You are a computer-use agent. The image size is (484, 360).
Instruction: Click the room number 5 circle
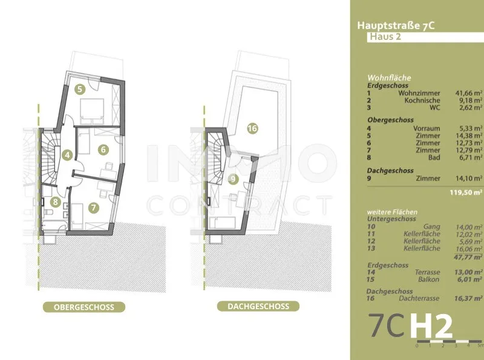[80, 90]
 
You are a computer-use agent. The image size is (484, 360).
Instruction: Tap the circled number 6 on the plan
[103, 149]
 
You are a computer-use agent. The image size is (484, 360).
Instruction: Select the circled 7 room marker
[94, 208]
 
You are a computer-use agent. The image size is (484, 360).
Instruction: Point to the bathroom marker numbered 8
[55, 202]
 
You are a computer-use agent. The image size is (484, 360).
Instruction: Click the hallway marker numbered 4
[67, 155]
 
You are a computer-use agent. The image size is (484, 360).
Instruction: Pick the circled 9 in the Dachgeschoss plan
[233, 179]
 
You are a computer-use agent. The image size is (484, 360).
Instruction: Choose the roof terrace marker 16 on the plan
[252, 128]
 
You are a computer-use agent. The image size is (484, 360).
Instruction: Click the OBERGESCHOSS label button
[84, 307]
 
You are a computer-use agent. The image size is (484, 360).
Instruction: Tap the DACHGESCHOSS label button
[258, 306]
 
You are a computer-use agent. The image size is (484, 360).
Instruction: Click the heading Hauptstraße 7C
[396, 25]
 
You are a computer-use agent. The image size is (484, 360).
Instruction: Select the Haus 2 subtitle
[385, 37]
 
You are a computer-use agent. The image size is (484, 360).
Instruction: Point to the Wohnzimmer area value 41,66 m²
[469, 93]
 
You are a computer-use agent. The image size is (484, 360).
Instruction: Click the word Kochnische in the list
[422, 100]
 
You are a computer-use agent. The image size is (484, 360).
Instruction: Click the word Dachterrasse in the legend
[419, 298]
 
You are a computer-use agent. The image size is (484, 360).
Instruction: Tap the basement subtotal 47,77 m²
[468, 257]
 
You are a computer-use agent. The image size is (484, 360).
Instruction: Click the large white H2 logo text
[431, 326]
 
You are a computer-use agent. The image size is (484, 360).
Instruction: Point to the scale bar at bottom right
[449, 342]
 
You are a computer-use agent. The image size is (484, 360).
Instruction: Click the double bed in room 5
[92, 111]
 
